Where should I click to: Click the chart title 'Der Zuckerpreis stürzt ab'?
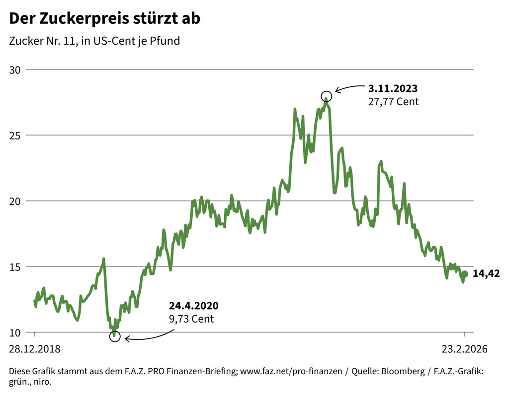pyautogui.click(x=105, y=19)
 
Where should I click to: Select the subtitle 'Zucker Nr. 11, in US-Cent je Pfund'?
pyautogui.click(x=94, y=41)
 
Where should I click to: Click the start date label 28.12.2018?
pyautogui.click(x=35, y=349)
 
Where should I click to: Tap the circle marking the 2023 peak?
pyautogui.click(x=326, y=96)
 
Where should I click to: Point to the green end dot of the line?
pyautogui.click(x=465, y=274)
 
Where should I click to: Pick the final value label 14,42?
pyautogui.click(x=486, y=273)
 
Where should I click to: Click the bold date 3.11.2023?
pyautogui.click(x=393, y=89)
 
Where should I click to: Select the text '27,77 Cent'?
pyautogui.click(x=393, y=102)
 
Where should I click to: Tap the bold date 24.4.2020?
pyautogui.click(x=193, y=306)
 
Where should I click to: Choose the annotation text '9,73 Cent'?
pyautogui.click(x=191, y=319)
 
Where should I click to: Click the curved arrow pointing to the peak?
pyautogui.click(x=350, y=88)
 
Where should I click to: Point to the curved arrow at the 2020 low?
pyautogui.click(x=149, y=336)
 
